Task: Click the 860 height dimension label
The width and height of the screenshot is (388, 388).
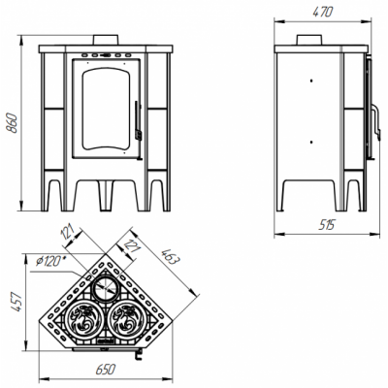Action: tap(13, 123)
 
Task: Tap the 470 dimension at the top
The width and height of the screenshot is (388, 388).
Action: tap(322, 12)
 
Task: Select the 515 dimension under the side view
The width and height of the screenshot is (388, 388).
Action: tap(326, 224)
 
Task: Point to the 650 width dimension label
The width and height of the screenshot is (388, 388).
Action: tap(106, 369)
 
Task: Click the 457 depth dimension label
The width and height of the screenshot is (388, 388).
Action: tap(16, 302)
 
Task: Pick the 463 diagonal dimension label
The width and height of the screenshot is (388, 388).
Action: tap(170, 256)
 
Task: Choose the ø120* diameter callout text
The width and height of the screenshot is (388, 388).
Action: tap(48, 261)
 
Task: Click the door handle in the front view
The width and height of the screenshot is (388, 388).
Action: tap(138, 120)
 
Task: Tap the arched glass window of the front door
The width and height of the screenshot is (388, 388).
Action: tap(106, 110)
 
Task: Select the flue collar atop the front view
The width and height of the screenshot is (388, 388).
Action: tap(106, 40)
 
